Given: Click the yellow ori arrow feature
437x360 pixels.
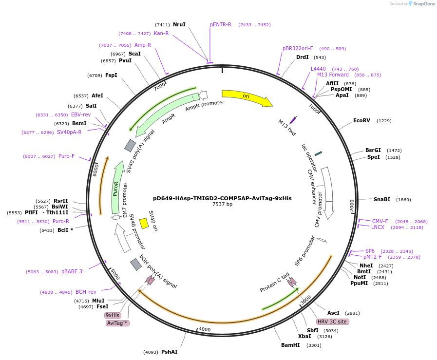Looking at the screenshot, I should tap(246, 97).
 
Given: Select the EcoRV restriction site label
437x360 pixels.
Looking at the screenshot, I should tap(361, 120).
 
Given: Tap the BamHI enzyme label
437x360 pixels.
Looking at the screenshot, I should tap(290, 345).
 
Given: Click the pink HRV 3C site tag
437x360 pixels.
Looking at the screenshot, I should tap(332, 322).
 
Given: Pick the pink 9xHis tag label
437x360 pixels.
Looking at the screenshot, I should tap(113, 315).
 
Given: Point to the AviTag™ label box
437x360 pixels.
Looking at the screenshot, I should tap(117, 323).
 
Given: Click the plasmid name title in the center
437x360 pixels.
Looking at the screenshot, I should tap(222, 198).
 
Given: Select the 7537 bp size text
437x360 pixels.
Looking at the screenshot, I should tap(222, 205).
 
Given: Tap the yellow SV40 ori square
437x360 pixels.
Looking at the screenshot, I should tap(144, 223).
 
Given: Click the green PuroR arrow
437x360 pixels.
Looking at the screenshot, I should tap(116, 188).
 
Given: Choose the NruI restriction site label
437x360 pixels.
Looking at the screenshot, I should tap(179, 24).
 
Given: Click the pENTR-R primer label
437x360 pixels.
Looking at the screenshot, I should tap(221, 24).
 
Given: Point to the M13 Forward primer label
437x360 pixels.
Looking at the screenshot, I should tap(333, 75).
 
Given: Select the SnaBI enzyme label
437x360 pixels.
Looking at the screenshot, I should tap(381, 199).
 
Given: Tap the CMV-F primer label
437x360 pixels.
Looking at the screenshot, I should tap(380, 221).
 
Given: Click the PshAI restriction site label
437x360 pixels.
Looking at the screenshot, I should tap(169, 352).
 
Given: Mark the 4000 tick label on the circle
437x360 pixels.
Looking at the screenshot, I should tap(204, 330).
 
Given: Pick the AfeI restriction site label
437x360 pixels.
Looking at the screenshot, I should tap(97, 95).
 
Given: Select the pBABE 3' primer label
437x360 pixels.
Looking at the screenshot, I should tap(72, 271).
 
